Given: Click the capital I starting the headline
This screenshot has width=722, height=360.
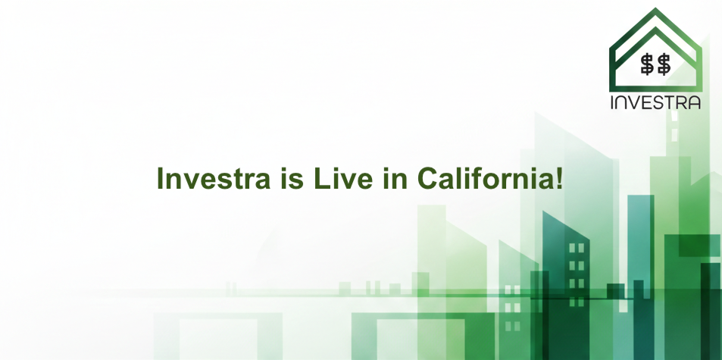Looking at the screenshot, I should click(160, 179).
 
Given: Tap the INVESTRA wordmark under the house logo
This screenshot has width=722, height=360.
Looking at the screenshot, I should click(655, 102).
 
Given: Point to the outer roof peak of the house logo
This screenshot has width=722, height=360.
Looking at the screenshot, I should click(656, 11).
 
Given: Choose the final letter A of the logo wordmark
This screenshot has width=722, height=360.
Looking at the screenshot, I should click(692, 102).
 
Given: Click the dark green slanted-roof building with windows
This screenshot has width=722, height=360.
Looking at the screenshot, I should click(566, 288).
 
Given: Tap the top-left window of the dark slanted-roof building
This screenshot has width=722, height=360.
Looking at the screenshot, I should click(572, 248).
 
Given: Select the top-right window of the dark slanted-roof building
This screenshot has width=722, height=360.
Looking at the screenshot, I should click(582, 248).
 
